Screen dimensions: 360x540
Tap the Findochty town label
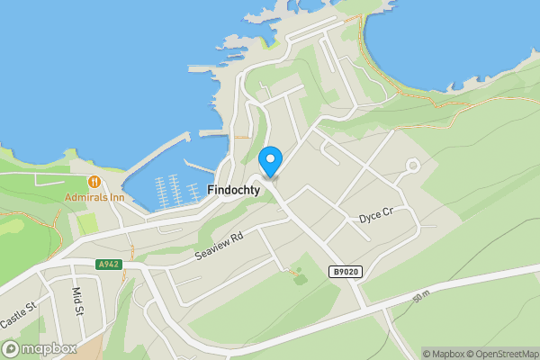[x=233, y=190]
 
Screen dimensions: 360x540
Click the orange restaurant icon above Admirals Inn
[x=94, y=181]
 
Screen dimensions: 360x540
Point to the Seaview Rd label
[x=219, y=244]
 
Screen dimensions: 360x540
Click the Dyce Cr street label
[x=376, y=218]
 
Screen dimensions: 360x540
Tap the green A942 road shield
[x=108, y=265]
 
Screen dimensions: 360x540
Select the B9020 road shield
[x=345, y=271]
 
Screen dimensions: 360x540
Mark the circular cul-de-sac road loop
[x=413, y=166]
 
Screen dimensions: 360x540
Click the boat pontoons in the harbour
[x=175, y=189]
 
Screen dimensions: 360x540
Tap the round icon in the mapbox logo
[x=11, y=349]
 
